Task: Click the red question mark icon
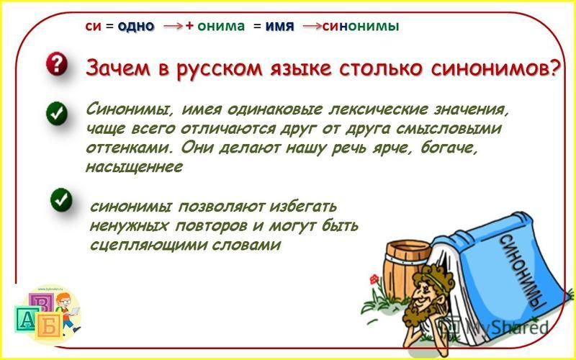pos(57,64)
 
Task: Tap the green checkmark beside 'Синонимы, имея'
pos(57,114)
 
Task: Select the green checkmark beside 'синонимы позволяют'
pos(61,200)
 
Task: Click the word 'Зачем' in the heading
pos(117,68)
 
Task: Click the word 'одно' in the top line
pos(136,27)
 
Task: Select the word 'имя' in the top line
pos(279,27)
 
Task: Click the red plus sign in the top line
pos(189,26)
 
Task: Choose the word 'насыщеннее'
pos(134,167)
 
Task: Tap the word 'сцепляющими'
pos(145,245)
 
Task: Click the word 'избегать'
pos(302,207)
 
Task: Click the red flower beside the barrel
pos(374,279)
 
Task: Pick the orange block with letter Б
pos(49,326)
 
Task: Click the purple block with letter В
pos(42,302)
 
